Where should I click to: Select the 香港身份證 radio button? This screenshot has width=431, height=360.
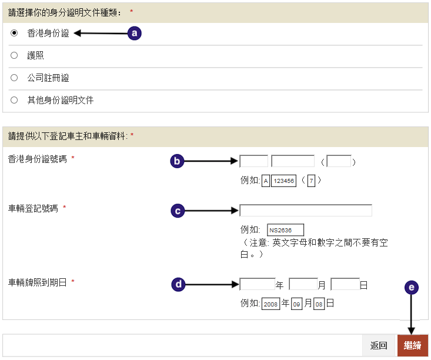[14, 34]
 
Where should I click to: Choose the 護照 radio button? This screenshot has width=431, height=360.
[14, 56]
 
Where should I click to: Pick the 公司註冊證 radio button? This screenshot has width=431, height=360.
[14, 78]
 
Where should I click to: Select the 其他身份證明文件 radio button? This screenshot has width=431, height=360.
[14, 100]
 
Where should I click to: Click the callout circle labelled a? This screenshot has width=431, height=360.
[135, 34]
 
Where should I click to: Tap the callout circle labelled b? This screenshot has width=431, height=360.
[178, 161]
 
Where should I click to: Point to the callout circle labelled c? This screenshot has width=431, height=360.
[178, 211]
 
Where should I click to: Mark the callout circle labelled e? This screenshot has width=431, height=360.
[411, 287]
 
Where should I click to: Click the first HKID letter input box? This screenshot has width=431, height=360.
[254, 161]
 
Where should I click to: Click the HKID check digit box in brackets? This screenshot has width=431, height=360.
[339, 161]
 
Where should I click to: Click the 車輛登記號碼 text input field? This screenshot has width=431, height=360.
[306, 211]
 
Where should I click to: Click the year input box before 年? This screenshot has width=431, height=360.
[258, 285]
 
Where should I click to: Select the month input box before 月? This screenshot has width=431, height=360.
[303, 285]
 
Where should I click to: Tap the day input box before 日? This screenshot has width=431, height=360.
[345, 285]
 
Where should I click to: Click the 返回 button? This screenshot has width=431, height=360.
[379, 346]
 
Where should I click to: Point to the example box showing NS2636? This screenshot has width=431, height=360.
[286, 229]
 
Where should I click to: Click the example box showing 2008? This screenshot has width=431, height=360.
[271, 304]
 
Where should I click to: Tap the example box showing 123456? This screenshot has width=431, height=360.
[284, 181]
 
